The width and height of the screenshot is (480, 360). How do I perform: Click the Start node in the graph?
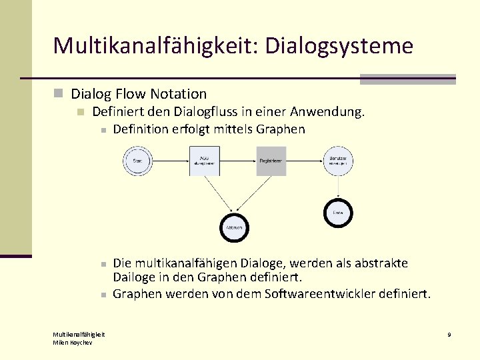point(137,161)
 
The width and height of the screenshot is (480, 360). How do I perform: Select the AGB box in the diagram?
point(204,161)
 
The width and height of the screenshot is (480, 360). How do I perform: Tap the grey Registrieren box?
point(271,161)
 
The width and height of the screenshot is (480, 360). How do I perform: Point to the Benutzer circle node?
point(337,161)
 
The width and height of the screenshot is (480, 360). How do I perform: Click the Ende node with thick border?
point(337,213)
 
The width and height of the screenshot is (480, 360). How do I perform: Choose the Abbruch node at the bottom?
point(234,228)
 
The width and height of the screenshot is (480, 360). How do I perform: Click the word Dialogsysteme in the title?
point(339,46)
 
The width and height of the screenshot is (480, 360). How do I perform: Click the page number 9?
point(449,334)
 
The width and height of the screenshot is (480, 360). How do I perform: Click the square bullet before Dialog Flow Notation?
point(59,94)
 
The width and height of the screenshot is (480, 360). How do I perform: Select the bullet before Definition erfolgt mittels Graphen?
point(103,130)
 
